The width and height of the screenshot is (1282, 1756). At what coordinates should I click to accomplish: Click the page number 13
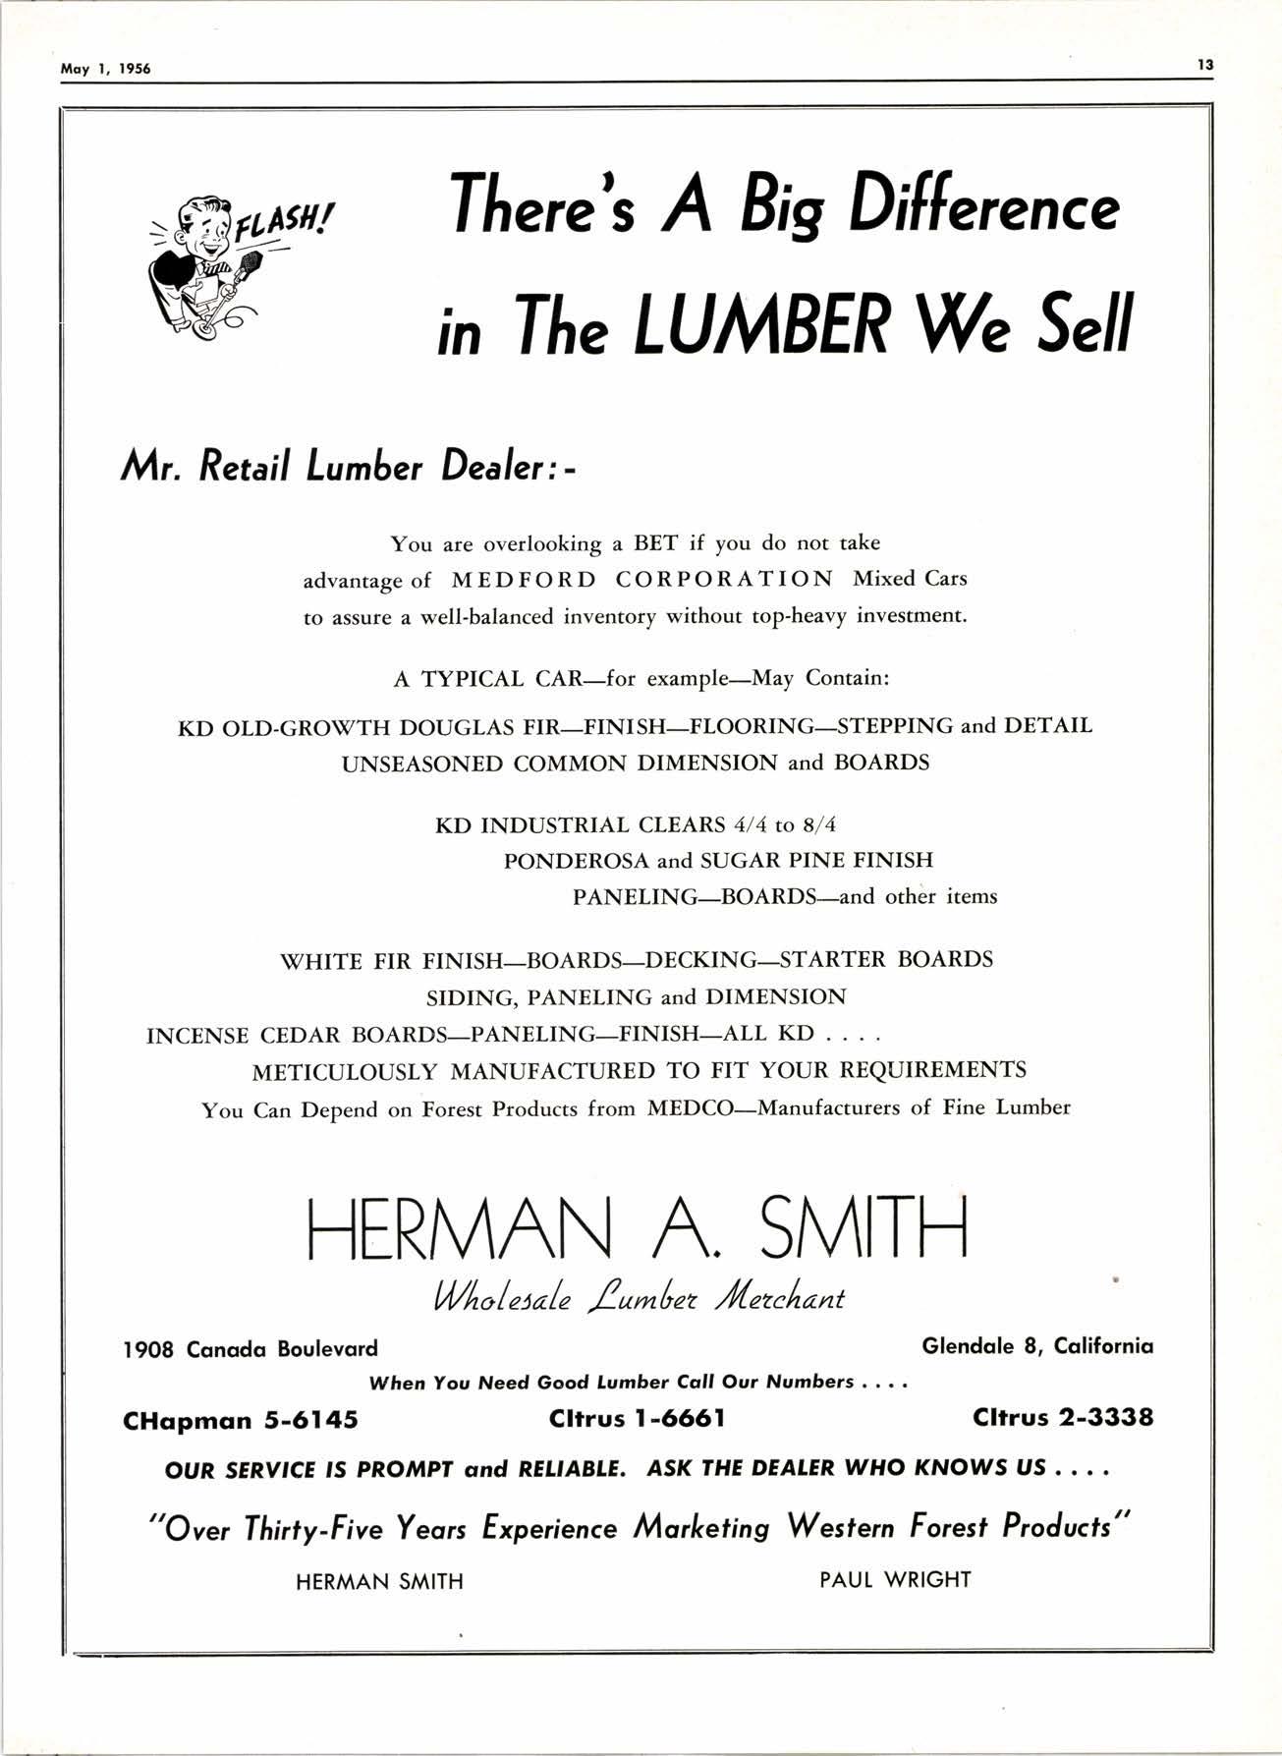(1205, 65)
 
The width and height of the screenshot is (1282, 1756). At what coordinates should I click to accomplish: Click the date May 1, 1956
(105, 70)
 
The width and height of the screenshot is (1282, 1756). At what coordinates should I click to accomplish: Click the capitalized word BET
(655, 543)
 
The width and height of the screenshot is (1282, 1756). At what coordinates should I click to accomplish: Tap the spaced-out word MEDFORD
(524, 580)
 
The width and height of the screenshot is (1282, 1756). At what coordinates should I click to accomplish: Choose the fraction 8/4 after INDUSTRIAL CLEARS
(818, 824)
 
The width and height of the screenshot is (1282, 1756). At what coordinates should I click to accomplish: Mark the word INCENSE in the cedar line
(197, 1035)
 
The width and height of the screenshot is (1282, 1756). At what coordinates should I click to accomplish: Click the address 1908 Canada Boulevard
(250, 1348)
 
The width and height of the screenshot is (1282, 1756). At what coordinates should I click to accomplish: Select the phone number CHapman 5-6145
(241, 1420)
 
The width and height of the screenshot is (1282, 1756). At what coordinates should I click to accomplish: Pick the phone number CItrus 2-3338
(1063, 1418)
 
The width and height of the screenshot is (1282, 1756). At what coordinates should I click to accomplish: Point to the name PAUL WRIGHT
(895, 1580)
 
